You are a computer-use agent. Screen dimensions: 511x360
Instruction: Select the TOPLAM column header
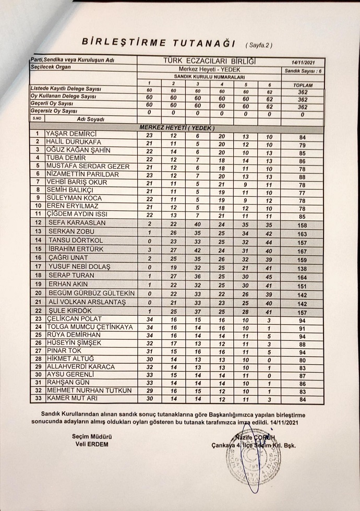pyautogui.click(x=303, y=85)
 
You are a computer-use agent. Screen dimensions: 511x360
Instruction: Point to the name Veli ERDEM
pyautogui.click(x=91, y=444)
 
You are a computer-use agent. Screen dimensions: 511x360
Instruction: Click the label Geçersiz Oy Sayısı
pyautogui.click(x=54, y=111)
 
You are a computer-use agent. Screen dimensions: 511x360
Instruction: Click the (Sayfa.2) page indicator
pyautogui.click(x=258, y=45)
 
